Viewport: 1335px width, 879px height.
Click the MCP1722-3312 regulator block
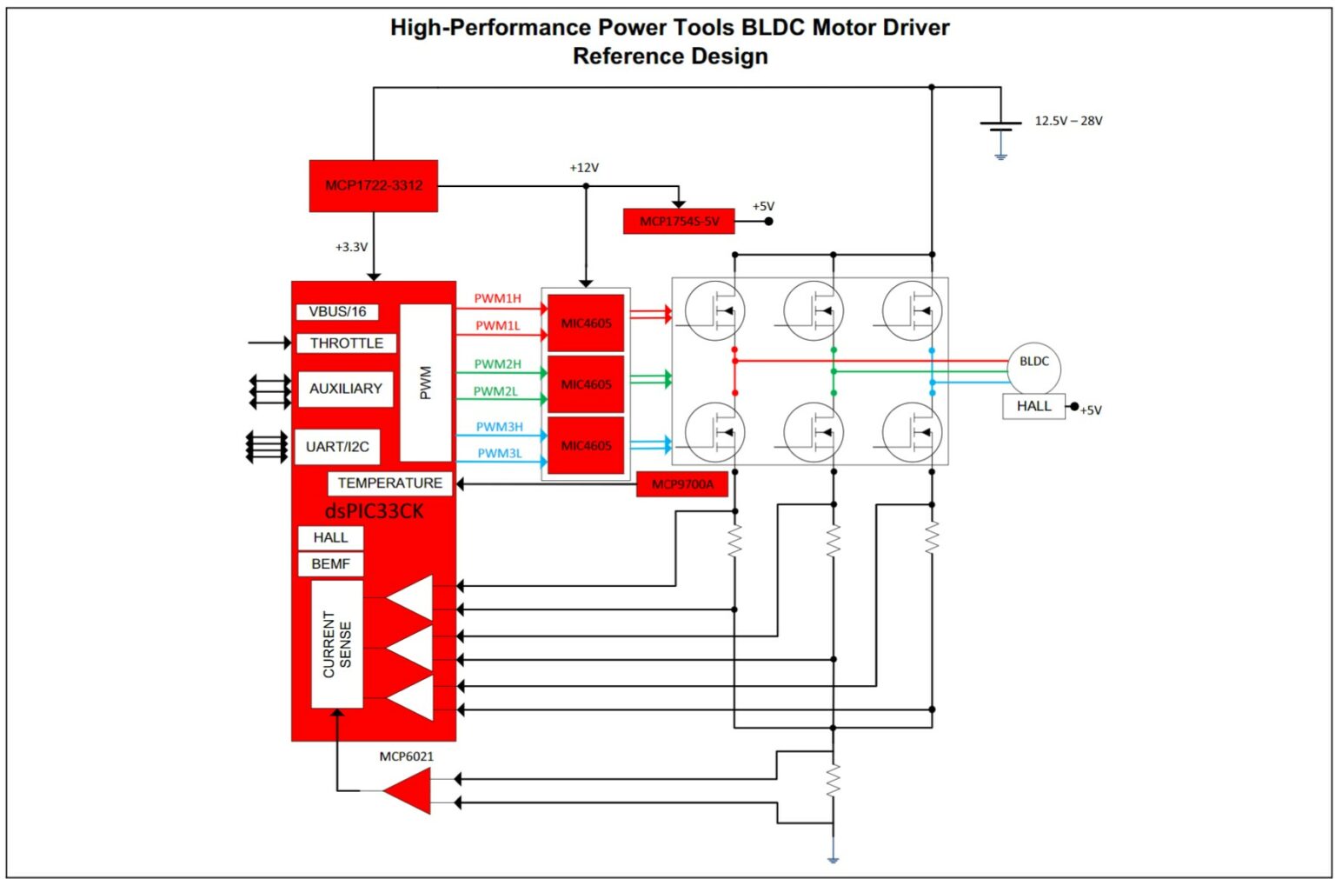tap(373, 185)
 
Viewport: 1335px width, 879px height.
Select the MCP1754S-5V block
tap(679, 221)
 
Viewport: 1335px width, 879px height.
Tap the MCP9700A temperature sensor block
tap(682, 484)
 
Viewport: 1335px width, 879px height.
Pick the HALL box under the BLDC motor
tap(1033, 406)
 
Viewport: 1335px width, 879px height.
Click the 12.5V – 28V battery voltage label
tap(1068, 121)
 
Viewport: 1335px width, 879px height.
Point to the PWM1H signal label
tap(497, 298)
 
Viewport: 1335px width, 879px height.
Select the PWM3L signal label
tap(500, 453)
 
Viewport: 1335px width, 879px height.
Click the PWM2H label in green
tap(497, 363)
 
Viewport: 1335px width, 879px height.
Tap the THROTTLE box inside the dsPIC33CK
tap(346, 343)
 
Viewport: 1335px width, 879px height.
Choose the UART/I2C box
tap(337, 447)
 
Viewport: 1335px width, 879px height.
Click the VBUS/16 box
tap(337, 311)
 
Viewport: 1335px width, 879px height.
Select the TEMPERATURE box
tap(389, 483)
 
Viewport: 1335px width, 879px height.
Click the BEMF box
tap(330, 564)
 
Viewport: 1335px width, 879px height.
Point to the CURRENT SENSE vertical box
tap(336, 643)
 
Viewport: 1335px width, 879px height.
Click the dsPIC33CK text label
tap(374, 511)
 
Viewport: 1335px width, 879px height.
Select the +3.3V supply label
tap(351, 247)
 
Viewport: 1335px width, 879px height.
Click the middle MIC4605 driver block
tap(586, 384)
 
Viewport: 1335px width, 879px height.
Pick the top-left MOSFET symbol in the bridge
tap(714, 311)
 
